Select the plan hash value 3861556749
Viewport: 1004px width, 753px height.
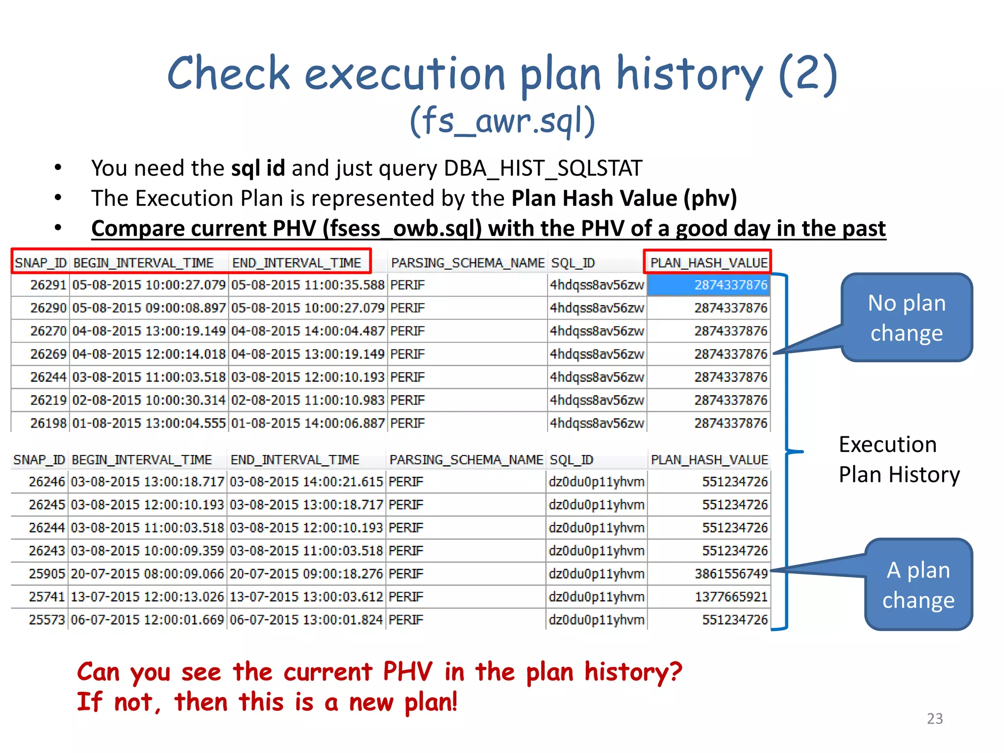[731, 574]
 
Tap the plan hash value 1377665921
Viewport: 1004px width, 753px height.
[731, 597]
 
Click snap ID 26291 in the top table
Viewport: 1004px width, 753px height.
[48, 285]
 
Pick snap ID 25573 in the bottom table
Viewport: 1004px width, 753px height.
[47, 620]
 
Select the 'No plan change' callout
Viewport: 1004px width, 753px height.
[906, 318]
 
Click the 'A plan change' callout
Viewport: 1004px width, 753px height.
[918, 585]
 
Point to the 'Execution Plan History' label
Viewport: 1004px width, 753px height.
[899, 459]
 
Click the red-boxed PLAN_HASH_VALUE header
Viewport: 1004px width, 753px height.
[708, 263]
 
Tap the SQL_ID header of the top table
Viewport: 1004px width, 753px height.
[573, 263]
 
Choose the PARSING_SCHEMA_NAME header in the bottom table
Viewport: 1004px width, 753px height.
[466, 460]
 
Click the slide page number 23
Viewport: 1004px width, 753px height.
[934, 718]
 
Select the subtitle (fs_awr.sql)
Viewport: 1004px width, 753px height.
[502, 121]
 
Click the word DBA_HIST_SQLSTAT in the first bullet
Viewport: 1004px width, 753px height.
[543, 168]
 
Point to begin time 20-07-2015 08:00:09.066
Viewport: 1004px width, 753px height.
[148, 574]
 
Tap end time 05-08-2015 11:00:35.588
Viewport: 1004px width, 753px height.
[308, 285]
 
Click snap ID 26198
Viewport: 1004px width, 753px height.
[48, 423]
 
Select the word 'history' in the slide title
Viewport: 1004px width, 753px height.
[689, 75]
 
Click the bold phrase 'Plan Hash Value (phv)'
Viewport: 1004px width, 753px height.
[624, 199]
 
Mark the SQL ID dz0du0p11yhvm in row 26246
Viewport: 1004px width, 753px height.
[596, 482]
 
